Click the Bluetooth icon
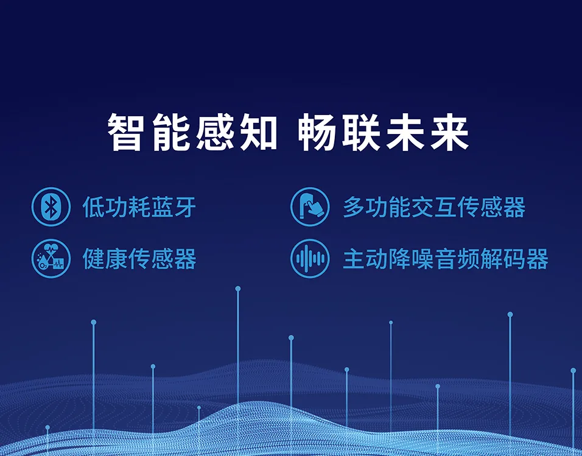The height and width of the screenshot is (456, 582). (51, 207)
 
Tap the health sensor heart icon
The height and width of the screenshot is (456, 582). (51, 259)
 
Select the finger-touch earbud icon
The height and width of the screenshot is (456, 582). (310, 207)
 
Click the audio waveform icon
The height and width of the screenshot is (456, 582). (310, 259)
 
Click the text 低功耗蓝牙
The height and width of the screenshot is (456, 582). (139, 208)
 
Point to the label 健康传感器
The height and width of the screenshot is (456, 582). (139, 259)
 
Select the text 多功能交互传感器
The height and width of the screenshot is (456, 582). (433, 208)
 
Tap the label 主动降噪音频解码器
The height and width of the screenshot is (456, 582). (445, 259)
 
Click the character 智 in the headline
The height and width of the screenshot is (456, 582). (127, 132)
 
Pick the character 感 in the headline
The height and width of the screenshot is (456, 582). (214, 132)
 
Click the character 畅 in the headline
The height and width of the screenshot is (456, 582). (319, 132)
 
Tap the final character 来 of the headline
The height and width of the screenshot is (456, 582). (449, 132)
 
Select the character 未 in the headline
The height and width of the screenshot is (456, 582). (406, 132)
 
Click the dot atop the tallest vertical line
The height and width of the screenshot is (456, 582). (238, 289)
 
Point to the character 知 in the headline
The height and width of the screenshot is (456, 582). (257, 132)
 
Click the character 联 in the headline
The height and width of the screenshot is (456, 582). (362, 132)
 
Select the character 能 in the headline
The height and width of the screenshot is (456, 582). (170, 132)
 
